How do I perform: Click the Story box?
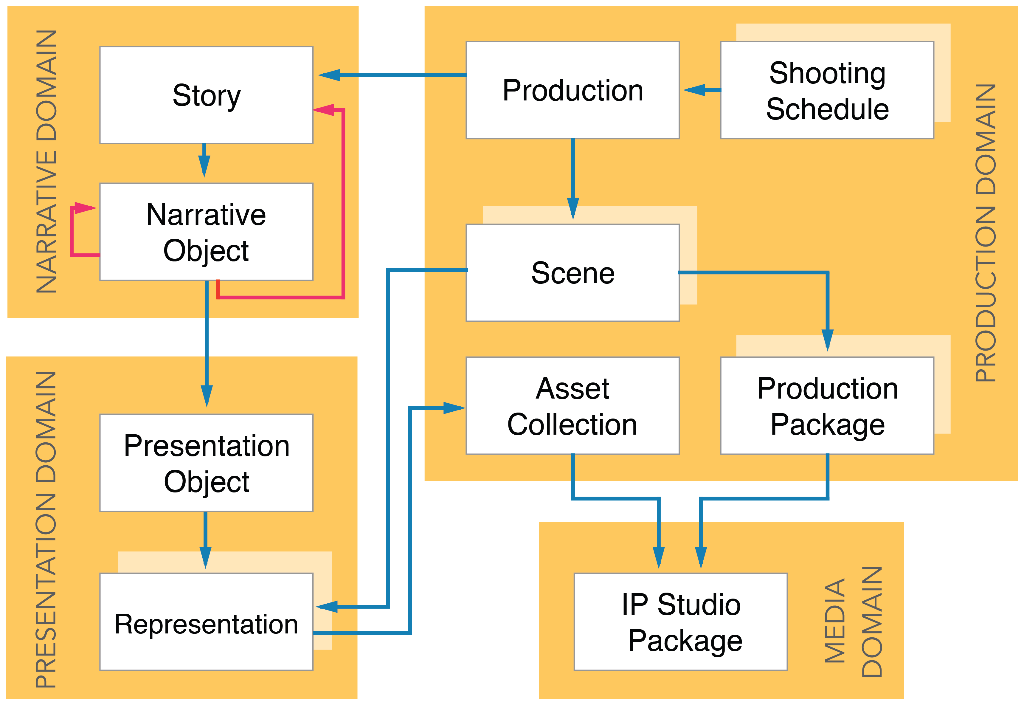coord(206,95)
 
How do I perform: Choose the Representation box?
coord(206,622)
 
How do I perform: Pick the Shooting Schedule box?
coord(827,90)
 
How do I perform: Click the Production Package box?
coord(827,405)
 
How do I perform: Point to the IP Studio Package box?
coord(680,622)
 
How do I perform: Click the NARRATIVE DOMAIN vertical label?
coord(46,162)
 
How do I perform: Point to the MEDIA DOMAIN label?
coord(853,622)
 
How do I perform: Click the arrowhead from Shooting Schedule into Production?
coord(695,90)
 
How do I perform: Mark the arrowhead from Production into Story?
coord(329,75)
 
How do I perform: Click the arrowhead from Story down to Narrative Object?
coord(204,166)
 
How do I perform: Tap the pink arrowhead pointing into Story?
coord(323,109)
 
